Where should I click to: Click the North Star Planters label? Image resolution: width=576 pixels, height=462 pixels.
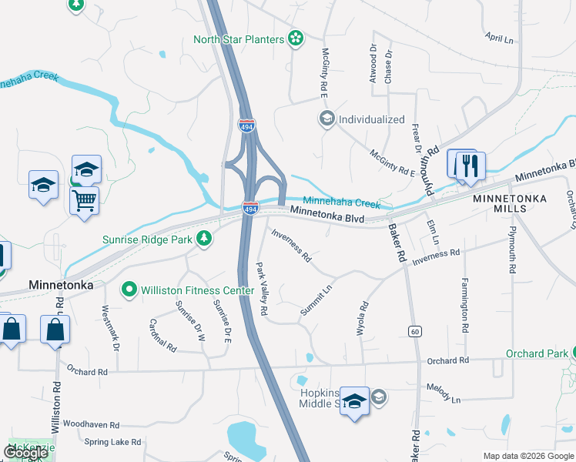coord(239,39)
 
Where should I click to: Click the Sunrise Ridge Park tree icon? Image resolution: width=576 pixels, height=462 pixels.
coord(204,239)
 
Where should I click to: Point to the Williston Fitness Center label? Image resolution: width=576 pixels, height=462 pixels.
coord(196,290)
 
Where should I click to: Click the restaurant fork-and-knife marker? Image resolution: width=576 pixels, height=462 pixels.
coord(470,165)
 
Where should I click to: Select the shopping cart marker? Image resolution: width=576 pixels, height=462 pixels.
coord(85,200)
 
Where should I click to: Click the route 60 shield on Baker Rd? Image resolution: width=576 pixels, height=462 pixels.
coord(415,331)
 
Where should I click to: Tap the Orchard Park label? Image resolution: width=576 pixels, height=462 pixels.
coord(536,354)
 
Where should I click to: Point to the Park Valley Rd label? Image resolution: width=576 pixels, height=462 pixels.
coord(262,289)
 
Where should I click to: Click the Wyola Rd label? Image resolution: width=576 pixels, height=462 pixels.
coord(363,316)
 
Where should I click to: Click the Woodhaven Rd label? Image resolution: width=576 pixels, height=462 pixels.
coord(91,424)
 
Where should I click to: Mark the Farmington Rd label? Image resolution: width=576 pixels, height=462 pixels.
coord(465,305)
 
